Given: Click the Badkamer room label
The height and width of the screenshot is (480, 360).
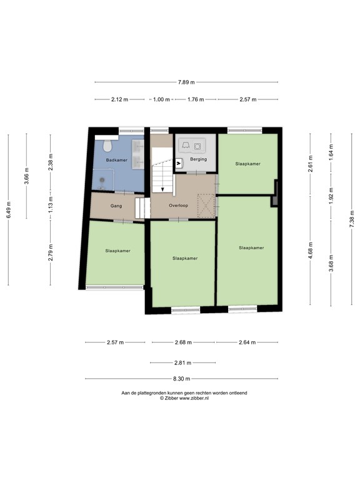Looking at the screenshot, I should point(116,160).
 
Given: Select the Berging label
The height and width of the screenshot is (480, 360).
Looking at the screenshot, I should point(198,159).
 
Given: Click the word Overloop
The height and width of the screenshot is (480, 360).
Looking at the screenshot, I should point(179,205).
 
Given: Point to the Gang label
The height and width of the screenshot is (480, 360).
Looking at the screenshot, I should point(116,205).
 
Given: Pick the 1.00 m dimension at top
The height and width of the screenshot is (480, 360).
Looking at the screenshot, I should point(161,99).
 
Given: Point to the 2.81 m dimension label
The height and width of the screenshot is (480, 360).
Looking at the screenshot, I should point(183,362).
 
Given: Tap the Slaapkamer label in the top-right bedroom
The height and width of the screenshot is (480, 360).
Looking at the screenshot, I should point(247,164).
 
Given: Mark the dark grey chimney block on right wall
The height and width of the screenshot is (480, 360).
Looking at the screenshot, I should point(274,201).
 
